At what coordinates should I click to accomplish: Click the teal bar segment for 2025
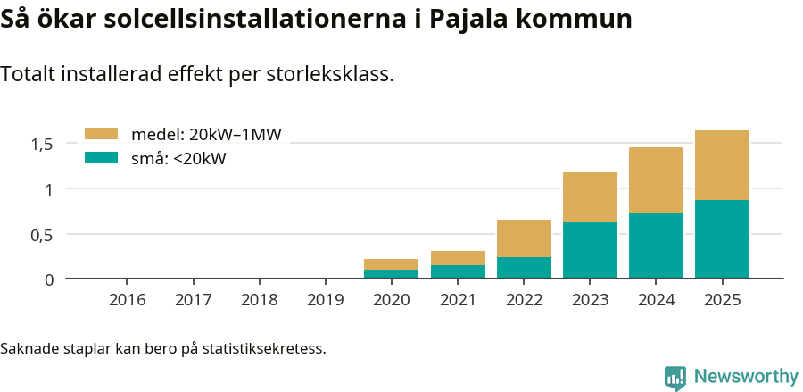722,239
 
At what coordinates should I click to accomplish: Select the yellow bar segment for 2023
590,197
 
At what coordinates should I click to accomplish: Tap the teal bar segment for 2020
391,274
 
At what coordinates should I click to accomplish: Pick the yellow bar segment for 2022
524,238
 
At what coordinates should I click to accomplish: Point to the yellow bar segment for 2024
656,180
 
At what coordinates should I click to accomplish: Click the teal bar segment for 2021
458,271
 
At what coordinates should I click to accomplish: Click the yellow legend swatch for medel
101,134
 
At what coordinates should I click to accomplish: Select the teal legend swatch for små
101,158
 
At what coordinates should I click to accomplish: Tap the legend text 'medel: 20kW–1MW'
206,135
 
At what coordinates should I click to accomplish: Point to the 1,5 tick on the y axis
44,144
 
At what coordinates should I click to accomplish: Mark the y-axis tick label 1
50,189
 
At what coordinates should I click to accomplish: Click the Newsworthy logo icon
675,377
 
